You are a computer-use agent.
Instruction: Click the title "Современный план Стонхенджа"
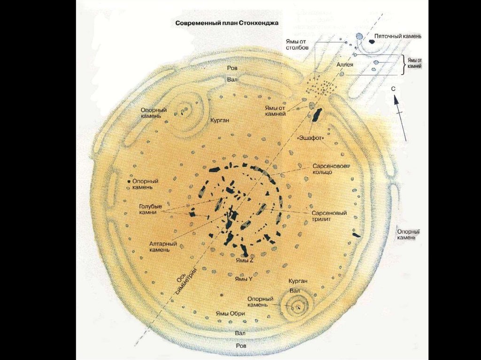coord(227,23)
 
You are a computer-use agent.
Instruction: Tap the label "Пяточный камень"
coord(398,36)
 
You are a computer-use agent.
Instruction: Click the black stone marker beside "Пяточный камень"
coord(372,41)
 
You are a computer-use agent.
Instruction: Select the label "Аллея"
coord(345,64)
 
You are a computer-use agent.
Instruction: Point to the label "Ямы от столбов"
coord(296,44)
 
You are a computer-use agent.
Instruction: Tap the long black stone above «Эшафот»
coord(317,115)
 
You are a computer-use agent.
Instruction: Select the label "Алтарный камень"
coord(163,247)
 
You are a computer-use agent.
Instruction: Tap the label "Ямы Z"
coord(245,260)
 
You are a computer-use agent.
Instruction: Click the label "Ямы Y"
coord(244,278)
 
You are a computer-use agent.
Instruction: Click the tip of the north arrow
coord(396,96)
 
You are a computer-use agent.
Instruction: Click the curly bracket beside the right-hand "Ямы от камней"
coord(403,65)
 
